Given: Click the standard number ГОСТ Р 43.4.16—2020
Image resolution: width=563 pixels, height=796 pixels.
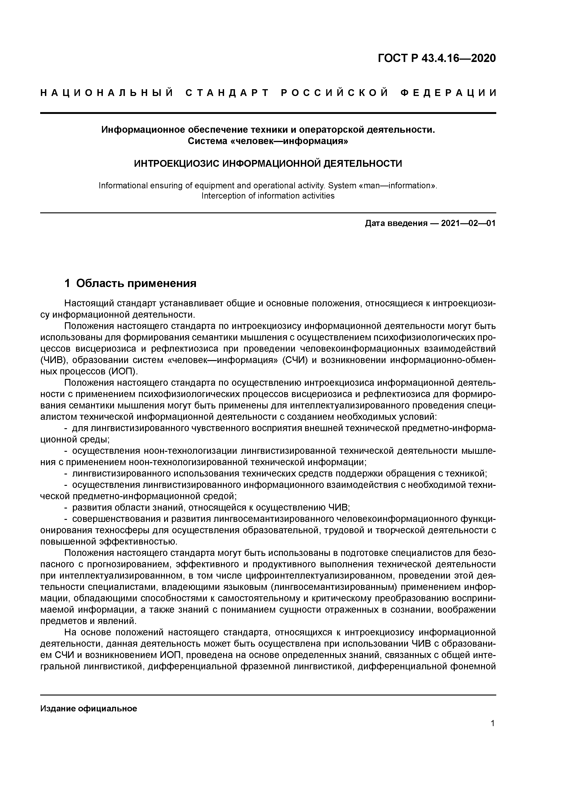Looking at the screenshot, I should click(x=437, y=58).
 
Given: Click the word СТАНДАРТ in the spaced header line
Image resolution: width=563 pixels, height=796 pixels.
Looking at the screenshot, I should click(x=227, y=93).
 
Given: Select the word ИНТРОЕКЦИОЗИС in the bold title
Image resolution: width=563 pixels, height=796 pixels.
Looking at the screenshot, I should click(x=176, y=163).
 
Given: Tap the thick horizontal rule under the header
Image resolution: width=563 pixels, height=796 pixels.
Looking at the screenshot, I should click(x=268, y=113).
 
